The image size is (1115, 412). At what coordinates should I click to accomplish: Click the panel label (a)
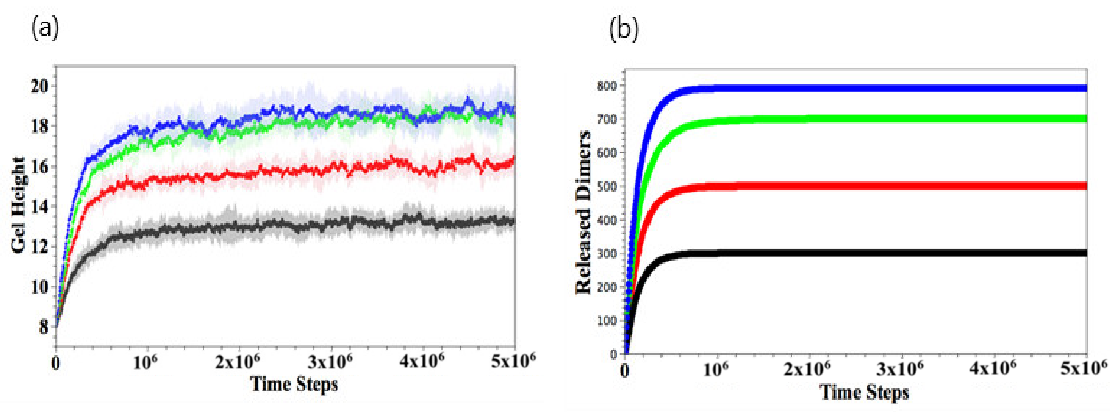pos(45,30)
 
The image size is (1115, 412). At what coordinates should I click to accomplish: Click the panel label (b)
pos(623,30)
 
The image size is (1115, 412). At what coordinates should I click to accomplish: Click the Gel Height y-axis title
pos(18,205)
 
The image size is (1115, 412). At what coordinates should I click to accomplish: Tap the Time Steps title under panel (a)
pos(294,384)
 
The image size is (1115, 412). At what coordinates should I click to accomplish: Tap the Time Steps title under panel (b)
pos(865,392)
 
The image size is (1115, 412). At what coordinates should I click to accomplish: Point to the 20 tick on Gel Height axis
pos(39,86)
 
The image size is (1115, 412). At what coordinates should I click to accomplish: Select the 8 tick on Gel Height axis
pos(44,327)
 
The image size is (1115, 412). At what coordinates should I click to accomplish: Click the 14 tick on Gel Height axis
pos(39,206)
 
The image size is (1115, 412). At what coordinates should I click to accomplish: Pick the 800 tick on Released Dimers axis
pos(607,86)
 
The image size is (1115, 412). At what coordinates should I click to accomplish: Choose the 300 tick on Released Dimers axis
pos(607,254)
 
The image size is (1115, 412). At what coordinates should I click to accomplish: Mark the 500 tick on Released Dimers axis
pos(607,187)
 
